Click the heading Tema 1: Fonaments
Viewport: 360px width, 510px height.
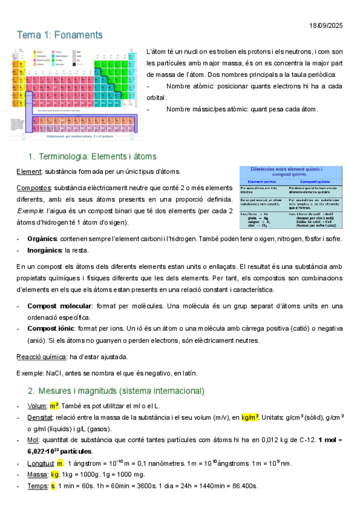point(59,35)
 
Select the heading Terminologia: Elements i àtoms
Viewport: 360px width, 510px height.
point(97,157)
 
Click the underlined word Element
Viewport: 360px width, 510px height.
point(28,172)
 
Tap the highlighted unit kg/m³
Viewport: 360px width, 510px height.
point(251,417)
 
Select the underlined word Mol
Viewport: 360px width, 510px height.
point(32,440)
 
